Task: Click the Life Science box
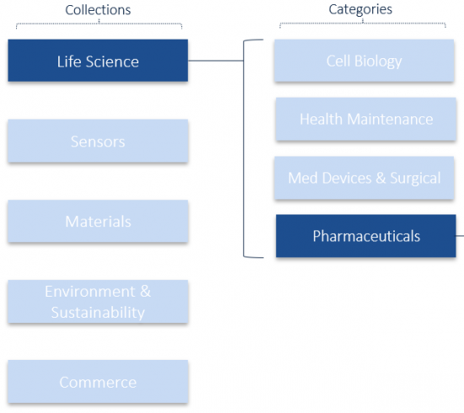click(x=98, y=61)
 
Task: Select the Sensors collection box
click(x=98, y=141)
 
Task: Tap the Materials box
click(x=98, y=221)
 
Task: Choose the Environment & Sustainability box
click(x=98, y=302)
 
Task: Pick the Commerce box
click(x=98, y=381)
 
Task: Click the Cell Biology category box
click(x=364, y=61)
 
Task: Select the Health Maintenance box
click(x=366, y=119)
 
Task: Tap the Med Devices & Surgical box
click(x=364, y=178)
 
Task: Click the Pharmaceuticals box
click(x=366, y=236)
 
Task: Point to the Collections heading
click(x=98, y=10)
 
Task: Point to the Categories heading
click(x=360, y=9)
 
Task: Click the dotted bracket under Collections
click(x=100, y=24)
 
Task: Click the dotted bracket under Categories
click(x=363, y=23)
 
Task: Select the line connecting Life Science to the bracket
click(x=216, y=61)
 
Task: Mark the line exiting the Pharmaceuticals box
click(x=460, y=236)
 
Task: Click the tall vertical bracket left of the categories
click(x=244, y=147)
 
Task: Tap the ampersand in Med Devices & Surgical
click(x=380, y=178)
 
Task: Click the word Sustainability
click(x=98, y=313)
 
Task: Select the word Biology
click(x=378, y=62)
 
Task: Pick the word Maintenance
click(x=390, y=119)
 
